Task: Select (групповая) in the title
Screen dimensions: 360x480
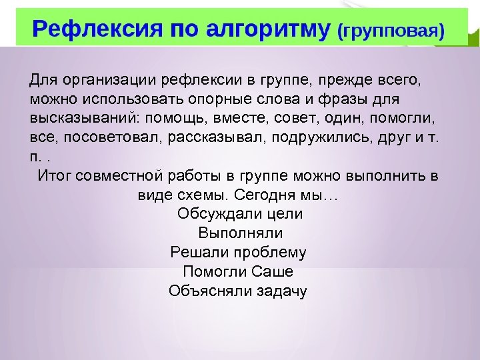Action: pos(391,31)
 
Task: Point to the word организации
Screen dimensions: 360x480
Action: pos(106,81)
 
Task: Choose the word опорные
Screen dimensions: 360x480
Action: pos(230,99)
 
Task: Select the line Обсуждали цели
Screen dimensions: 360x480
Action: pos(240,214)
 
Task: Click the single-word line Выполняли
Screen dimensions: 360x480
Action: pos(240,233)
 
